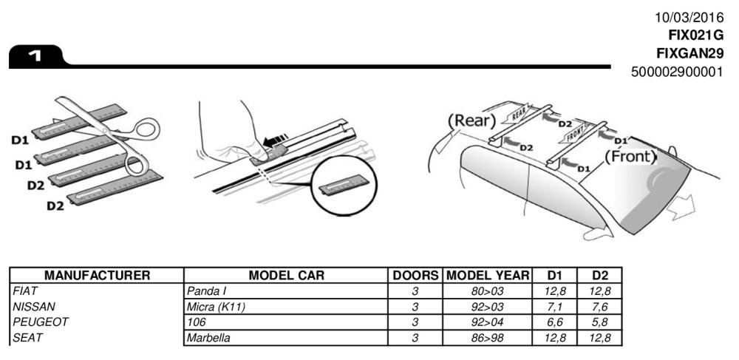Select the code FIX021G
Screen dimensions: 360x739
click(695, 35)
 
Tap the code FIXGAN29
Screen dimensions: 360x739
click(689, 53)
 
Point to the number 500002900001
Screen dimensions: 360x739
click(678, 72)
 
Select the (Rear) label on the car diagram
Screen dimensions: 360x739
click(471, 120)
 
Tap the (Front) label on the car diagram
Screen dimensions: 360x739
click(630, 156)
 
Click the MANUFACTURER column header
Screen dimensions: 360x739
click(98, 276)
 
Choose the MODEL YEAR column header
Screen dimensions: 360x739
click(488, 276)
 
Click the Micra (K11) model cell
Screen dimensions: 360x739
click(216, 307)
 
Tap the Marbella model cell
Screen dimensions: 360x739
click(209, 338)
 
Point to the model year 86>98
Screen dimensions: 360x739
click(488, 338)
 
